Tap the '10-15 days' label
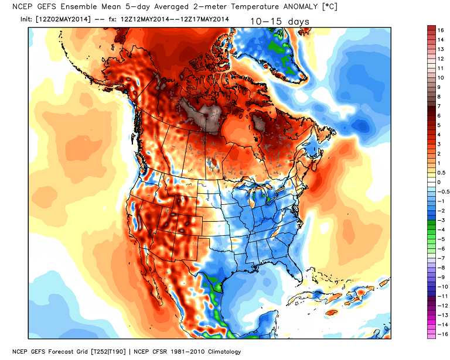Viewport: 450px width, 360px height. pos(279,22)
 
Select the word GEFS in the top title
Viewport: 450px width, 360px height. pos(40,6)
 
